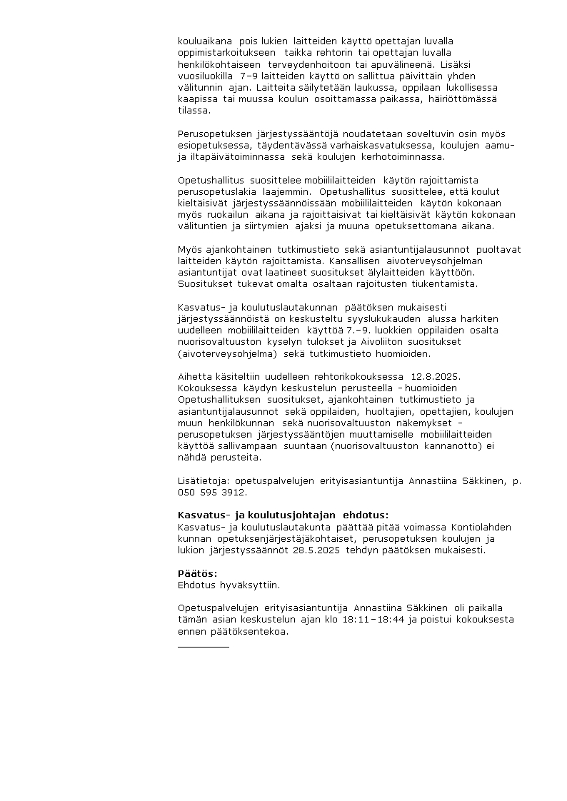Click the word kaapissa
(196, 98)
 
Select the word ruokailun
(229, 214)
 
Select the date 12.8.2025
(435, 376)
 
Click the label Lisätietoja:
(201, 480)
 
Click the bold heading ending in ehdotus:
(283, 515)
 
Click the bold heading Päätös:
(197, 573)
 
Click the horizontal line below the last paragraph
(203, 646)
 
